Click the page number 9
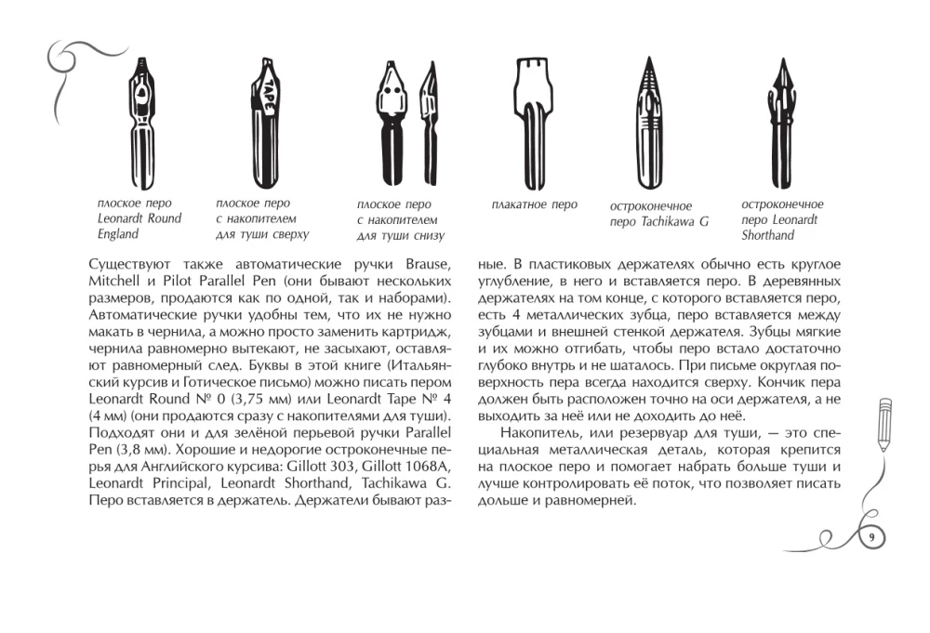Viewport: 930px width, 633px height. click(x=871, y=537)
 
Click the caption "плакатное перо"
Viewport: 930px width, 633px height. click(x=534, y=204)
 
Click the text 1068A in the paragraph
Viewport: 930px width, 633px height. click(x=425, y=468)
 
